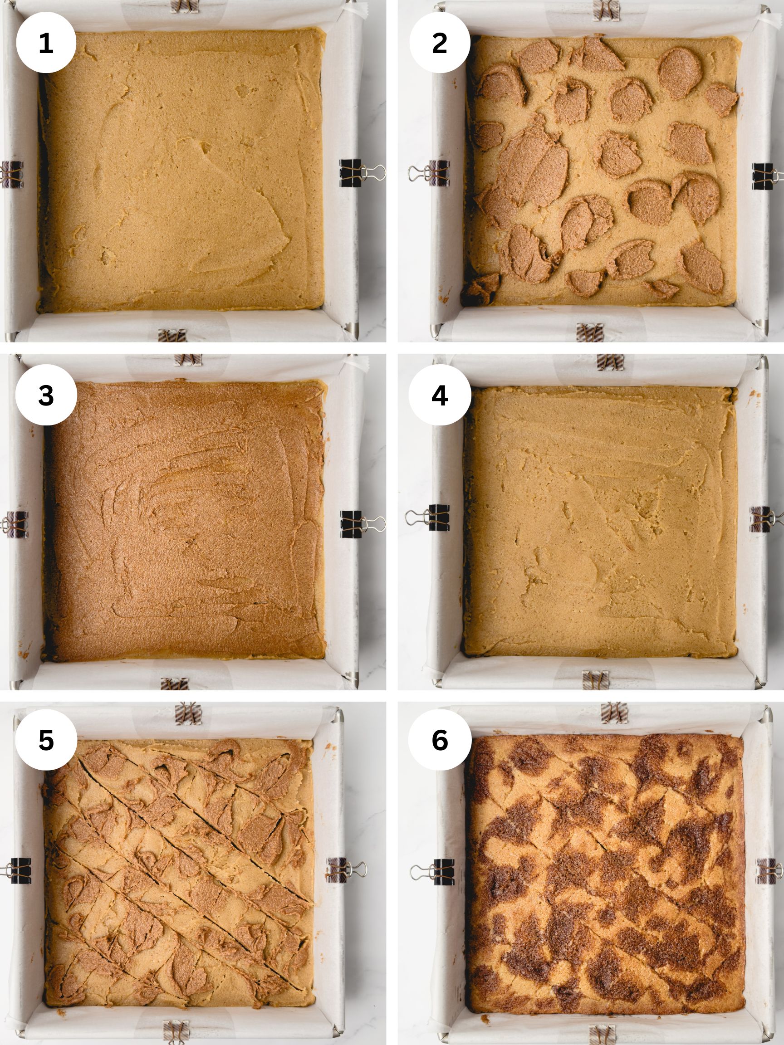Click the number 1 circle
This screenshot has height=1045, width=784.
coord(46,43)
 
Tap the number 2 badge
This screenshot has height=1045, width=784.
coord(440,43)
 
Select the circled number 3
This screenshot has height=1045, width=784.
coord(46,395)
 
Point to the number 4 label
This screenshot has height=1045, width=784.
coord(440,395)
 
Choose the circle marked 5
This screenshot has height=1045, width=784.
coord(46,740)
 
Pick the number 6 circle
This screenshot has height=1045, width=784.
coord(440,740)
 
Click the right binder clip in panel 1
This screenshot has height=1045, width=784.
coord(362,173)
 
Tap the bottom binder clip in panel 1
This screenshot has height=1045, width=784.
coord(172,336)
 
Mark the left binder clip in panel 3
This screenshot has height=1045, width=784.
coord(14,524)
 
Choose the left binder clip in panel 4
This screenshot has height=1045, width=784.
coord(427,518)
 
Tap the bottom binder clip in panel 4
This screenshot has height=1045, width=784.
coord(595,680)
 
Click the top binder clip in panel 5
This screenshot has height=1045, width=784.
coord(188,713)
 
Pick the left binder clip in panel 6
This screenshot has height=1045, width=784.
coord(432,872)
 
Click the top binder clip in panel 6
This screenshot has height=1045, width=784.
coord(614,713)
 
